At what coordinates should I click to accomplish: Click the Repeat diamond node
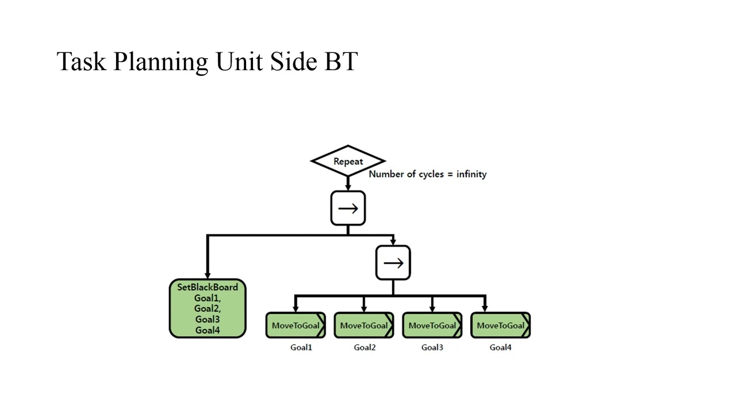(348, 162)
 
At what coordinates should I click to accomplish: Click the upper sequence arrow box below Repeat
(348, 208)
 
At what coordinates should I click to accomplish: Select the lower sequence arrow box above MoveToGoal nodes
(393, 263)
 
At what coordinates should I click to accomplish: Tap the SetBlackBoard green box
(208, 308)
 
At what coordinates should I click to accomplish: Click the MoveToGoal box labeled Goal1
(296, 325)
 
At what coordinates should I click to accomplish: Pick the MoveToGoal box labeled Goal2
(364, 325)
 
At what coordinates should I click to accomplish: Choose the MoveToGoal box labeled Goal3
(432, 325)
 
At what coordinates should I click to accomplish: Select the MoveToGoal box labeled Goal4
(500, 325)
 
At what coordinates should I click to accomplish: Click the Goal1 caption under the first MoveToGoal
(301, 347)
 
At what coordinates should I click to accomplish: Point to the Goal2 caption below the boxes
(365, 347)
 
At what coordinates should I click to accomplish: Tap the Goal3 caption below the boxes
(432, 347)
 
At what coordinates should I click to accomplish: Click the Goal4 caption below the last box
(500, 347)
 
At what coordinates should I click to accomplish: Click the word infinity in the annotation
(471, 174)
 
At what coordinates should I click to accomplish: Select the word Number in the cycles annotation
(386, 174)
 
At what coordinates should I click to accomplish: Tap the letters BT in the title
(342, 61)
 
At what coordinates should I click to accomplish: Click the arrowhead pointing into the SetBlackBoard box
(207, 275)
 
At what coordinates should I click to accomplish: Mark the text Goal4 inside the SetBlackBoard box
(208, 330)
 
